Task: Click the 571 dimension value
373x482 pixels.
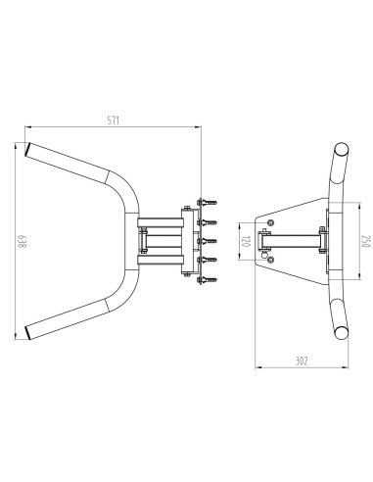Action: click(x=114, y=120)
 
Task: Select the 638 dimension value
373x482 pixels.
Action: click(x=22, y=241)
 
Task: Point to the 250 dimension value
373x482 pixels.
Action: click(x=366, y=241)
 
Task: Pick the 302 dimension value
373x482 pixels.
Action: click(x=302, y=361)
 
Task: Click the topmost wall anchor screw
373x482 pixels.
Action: click(x=208, y=203)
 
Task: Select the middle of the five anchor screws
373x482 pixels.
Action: click(x=208, y=241)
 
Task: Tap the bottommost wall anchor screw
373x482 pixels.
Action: click(x=208, y=280)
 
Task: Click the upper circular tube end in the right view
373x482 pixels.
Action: click(x=342, y=150)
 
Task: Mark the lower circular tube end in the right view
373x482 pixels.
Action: click(x=342, y=333)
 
